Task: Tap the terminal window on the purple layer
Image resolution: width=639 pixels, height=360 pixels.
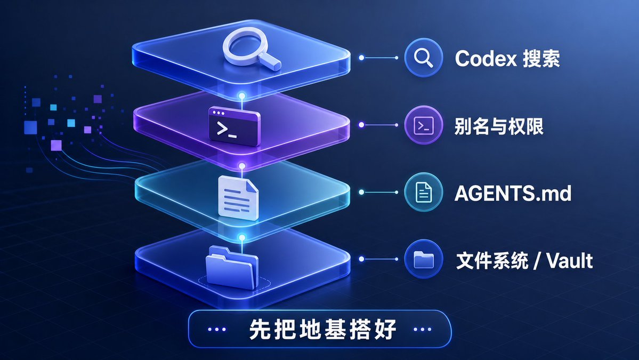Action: click(x=234, y=126)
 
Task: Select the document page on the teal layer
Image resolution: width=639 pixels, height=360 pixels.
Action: click(x=238, y=198)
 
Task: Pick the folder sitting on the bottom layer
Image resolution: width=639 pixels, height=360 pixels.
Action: click(x=232, y=267)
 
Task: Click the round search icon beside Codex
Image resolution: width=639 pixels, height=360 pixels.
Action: click(x=423, y=58)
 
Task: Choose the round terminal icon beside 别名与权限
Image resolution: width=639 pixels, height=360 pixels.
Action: click(x=423, y=125)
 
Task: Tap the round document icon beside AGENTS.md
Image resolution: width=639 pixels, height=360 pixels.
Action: click(x=423, y=192)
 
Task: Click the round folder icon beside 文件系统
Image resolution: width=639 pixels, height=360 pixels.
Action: click(x=423, y=259)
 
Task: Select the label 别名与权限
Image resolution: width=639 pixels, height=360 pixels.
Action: click(x=499, y=126)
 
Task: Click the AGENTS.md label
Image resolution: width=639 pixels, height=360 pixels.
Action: click(x=513, y=193)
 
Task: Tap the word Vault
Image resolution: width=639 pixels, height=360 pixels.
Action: click(x=569, y=260)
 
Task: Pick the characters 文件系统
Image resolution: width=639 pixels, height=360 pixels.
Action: click(x=492, y=260)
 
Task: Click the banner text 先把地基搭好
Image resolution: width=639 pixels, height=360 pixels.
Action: click(x=322, y=330)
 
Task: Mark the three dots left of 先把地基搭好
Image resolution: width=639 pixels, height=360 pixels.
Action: click(x=217, y=329)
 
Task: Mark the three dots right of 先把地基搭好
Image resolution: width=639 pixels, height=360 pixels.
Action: click(x=422, y=329)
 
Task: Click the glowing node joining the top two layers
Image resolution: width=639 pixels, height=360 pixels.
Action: click(x=241, y=96)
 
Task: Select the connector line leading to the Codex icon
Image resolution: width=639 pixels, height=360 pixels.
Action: click(x=379, y=58)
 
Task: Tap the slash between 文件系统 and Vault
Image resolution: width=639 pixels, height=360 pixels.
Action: click(x=538, y=260)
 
